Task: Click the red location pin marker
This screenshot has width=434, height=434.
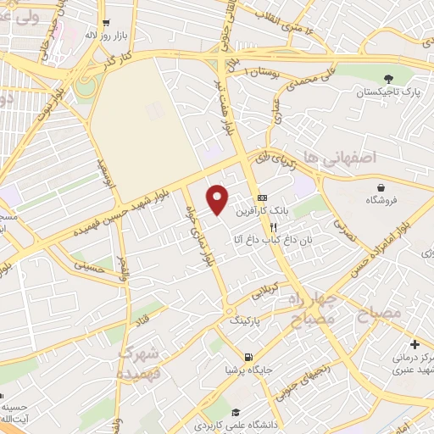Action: coord(218,198)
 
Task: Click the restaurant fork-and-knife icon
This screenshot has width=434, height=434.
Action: coord(273,227)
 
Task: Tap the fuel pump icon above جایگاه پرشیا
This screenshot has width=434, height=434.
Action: coord(248,357)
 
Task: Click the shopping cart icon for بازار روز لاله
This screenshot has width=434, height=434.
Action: coord(105,24)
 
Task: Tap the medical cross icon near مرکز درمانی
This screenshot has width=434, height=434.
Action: coord(415,344)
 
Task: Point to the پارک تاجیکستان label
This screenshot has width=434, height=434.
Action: coord(389,92)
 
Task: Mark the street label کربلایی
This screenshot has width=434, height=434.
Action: coord(262,292)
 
